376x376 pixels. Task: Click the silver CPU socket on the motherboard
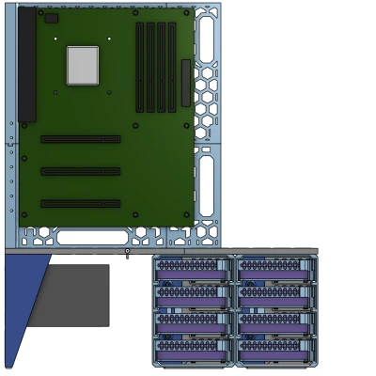[82, 65]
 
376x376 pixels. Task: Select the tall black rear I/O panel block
[26, 66]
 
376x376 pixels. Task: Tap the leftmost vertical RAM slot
[140, 66]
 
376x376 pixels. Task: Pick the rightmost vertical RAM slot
[172, 66]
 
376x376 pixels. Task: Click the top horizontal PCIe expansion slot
[80, 139]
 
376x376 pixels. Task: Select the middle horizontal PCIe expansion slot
[80, 171]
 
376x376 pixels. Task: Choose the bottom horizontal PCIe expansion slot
[80, 203]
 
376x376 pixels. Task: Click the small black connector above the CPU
[51, 18]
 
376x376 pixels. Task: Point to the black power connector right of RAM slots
[185, 82]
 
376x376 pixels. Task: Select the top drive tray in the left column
[193, 271]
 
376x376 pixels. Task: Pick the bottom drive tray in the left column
[193, 350]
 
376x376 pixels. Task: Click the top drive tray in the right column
[274, 271]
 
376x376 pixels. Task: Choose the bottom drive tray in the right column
[274, 350]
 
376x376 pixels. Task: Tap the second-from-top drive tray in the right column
[274, 297]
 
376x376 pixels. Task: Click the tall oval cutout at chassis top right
[206, 39]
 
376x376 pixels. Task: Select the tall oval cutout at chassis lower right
[206, 185]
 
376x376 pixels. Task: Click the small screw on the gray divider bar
[127, 252]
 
